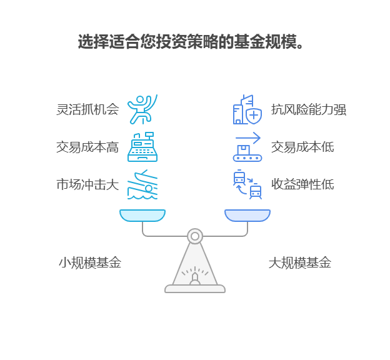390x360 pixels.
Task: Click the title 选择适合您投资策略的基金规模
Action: coord(191,42)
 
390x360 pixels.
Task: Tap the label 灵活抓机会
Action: coord(87,109)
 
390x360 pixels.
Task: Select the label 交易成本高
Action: coord(87,147)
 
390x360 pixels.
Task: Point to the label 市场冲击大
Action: coord(87,184)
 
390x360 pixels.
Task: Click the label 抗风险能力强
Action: coord(308,109)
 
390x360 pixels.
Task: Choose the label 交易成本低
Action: coord(302,147)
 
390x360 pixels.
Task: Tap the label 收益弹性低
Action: coord(302,184)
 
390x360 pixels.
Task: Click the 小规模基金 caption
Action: coord(90,262)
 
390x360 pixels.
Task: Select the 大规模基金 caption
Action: coord(299,262)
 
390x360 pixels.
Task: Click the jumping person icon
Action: coord(142,109)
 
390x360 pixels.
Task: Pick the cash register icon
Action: coord(142,147)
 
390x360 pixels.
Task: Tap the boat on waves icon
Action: coord(142,184)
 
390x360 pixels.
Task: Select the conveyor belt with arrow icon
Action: coord(247,147)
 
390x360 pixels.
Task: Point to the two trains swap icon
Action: coord(247,184)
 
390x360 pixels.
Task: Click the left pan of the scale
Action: coord(142,216)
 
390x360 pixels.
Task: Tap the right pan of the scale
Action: coord(247,216)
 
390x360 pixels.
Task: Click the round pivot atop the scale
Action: coord(195,236)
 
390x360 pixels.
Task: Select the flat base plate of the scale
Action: coord(195,289)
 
